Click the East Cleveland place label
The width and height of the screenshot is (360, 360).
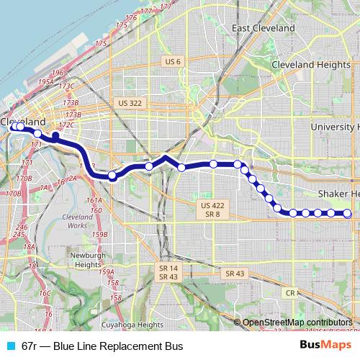[264, 28]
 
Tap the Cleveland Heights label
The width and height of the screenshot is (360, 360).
[305, 65]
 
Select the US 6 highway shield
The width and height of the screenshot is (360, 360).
[172, 61]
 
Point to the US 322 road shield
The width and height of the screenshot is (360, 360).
[130, 103]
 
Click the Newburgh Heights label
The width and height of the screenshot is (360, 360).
[89, 259]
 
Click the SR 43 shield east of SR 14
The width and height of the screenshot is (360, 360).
[235, 274]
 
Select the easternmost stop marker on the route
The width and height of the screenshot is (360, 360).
[347, 213]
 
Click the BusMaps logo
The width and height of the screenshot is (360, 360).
[325, 346]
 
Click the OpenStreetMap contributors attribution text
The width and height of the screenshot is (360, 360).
[296, 323]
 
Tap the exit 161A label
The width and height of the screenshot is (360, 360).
[94, 200]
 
